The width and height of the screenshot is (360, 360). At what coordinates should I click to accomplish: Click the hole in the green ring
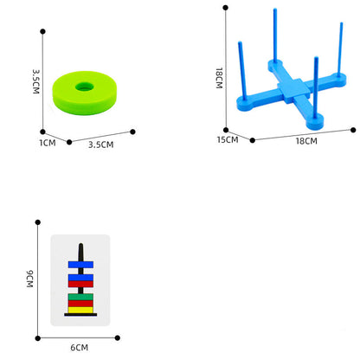coord(85,87)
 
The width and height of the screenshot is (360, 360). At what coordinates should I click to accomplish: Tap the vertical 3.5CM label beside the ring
coord(35,81)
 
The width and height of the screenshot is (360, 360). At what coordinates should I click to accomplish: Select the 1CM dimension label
coord(48,143)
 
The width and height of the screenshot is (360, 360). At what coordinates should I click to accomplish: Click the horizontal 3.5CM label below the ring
coord(101,145)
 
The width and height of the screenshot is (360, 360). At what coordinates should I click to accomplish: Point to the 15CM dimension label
coord(228,140)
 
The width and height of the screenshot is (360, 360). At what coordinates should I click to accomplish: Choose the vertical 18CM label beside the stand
coord(219,78)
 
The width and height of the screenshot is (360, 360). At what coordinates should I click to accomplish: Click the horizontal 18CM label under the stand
coord(306,141)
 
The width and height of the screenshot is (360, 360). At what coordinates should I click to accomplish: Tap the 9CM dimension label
coord(29,279)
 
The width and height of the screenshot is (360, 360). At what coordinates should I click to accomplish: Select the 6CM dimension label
coord(80,348)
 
